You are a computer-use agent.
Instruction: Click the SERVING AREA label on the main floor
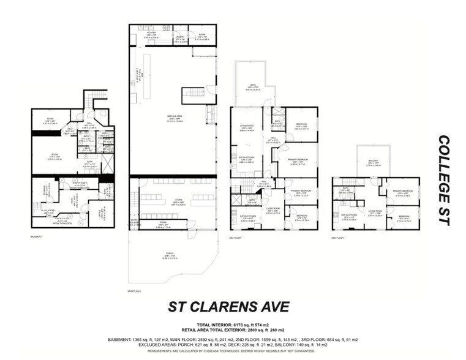click(174, 118)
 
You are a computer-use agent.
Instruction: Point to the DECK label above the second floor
click(252, 86)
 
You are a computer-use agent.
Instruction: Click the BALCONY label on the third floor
click(374, 162)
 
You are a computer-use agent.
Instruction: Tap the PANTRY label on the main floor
click(181, 37)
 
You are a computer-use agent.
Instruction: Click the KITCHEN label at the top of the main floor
click(151, 34)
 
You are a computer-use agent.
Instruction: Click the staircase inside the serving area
click(194, 95)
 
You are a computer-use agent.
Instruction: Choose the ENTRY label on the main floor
click(135, 224)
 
